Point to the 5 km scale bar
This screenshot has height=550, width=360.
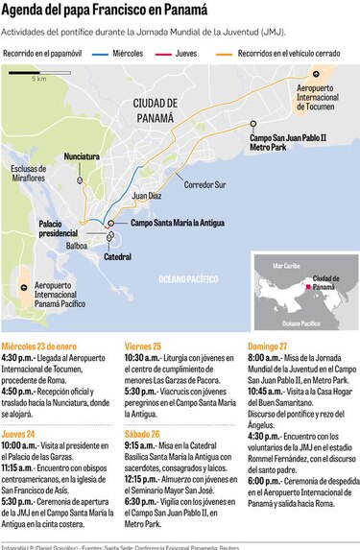click(36, 78)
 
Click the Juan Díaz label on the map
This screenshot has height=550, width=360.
click(147, 195)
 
